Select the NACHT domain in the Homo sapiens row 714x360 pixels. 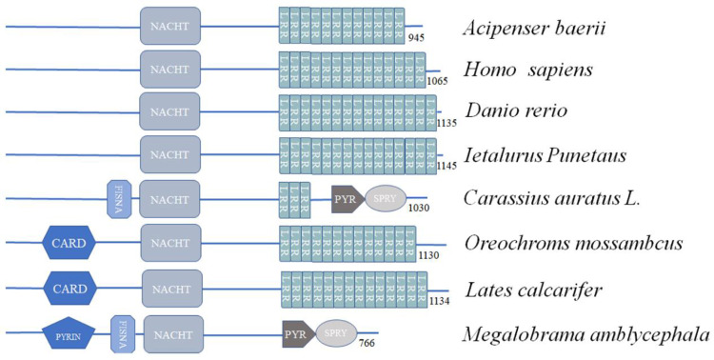pos(170,70)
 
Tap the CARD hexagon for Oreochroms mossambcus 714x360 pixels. pos(75,242)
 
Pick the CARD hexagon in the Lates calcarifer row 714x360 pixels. pos(75,287)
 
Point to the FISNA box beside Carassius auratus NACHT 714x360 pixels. pos(119,198)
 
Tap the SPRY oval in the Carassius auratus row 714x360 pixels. pos(384,198)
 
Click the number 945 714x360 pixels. pos(416,39)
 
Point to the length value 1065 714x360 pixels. pos(438,82)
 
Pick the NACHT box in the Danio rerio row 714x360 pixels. pos(170,111)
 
